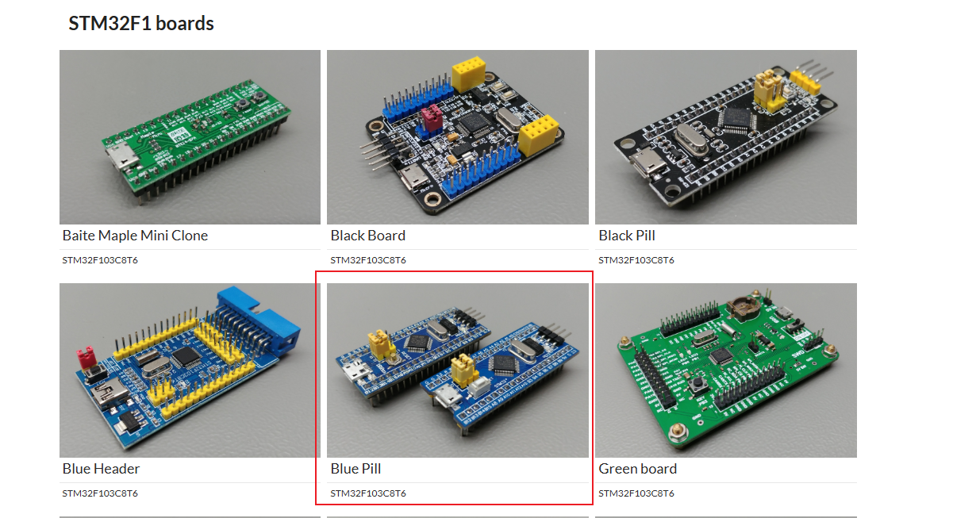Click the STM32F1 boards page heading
pos(140,23)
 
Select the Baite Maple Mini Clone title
pos(135,235)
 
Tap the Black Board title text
pos(367,235)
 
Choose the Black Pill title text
pos(626,235)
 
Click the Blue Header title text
pos(101,468)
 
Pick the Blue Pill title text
pos(355,468)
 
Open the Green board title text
pos(637,468)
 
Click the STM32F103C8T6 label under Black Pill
pos(636,260)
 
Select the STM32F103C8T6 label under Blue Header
pos(100,493)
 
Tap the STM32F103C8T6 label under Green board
pos(636,493)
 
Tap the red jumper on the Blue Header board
pos(86,358)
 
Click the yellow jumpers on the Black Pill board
pos(768,91)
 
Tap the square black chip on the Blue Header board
pos(186,356)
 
